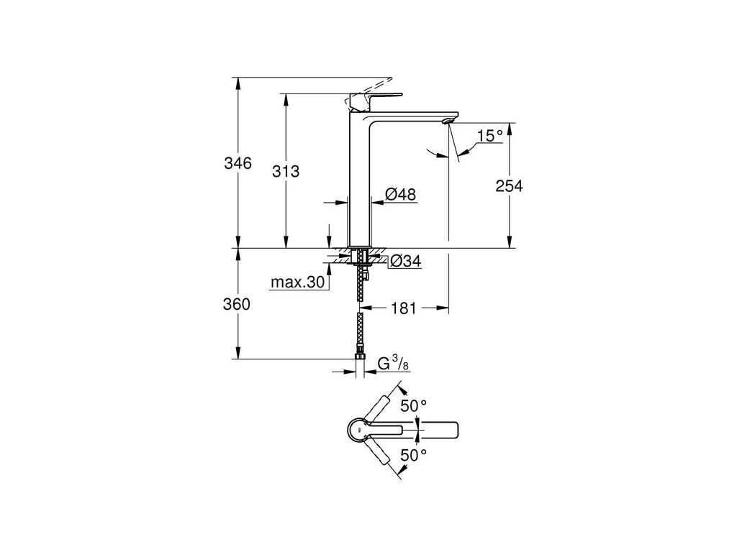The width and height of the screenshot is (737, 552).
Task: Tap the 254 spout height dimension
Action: tap(508, 185)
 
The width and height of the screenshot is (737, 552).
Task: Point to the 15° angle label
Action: tap(489, 136)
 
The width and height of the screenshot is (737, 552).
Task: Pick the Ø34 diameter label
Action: tap(404, 262)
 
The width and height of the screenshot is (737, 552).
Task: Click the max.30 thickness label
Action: tap(298, 282)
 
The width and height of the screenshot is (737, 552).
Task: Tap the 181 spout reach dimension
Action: tap(404, 308)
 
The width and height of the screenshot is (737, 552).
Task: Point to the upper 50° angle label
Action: tap(413, 406)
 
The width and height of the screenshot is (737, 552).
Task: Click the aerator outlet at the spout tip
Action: tap(450, 121)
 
